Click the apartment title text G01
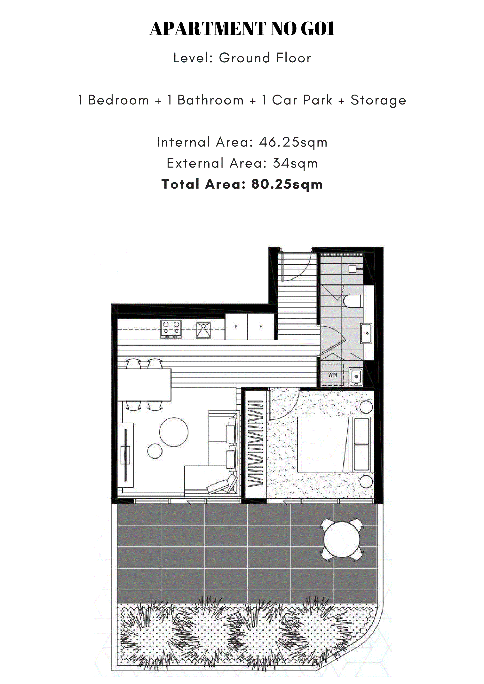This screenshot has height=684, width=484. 318,29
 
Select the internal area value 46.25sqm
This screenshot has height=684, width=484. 293,142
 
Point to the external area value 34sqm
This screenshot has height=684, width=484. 295,163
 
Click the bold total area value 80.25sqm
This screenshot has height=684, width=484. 287,184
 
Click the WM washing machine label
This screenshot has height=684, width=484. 333,375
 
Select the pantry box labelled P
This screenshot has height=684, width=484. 236,327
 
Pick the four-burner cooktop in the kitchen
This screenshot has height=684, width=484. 171,329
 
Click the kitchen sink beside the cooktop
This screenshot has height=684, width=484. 203,330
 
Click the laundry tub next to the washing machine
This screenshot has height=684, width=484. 356,377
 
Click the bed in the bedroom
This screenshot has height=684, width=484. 323,444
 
